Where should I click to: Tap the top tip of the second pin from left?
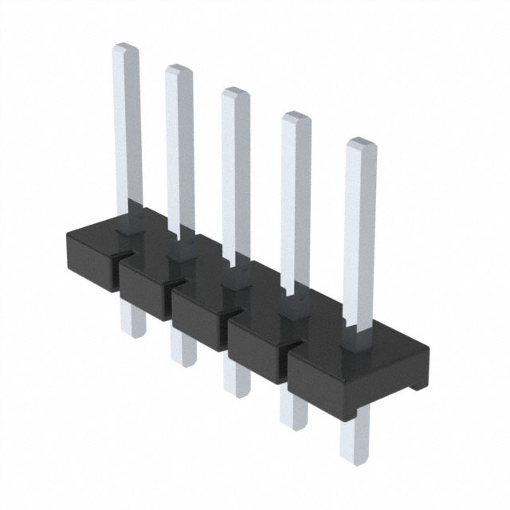point(179,70)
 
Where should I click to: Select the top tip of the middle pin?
point(235,92)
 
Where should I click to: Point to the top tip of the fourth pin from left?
point(296,118)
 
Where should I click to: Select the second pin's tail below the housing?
point(182,351)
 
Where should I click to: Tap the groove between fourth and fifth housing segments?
point(288,351)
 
